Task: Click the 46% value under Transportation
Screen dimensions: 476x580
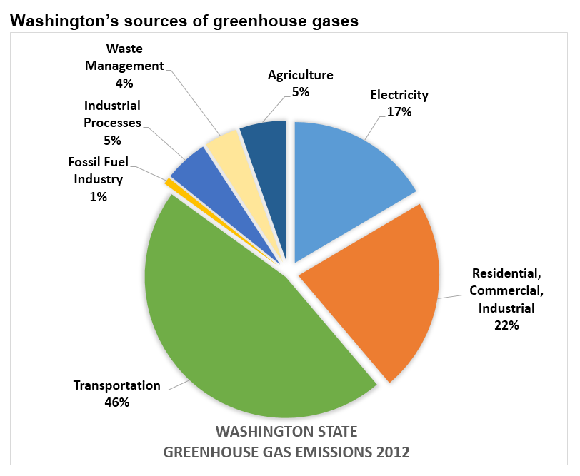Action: pos(117,402)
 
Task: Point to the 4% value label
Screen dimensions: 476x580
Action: pos(124,83)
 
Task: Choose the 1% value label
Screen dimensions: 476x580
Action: pos(99,196)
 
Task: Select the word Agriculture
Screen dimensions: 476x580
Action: pos(300,75)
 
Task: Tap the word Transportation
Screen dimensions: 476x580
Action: pos(117,385)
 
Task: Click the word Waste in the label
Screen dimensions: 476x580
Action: pos(124,49)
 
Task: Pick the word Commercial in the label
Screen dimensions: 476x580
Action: pos(506,291)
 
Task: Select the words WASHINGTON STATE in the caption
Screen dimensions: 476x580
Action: pos(286,432)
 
